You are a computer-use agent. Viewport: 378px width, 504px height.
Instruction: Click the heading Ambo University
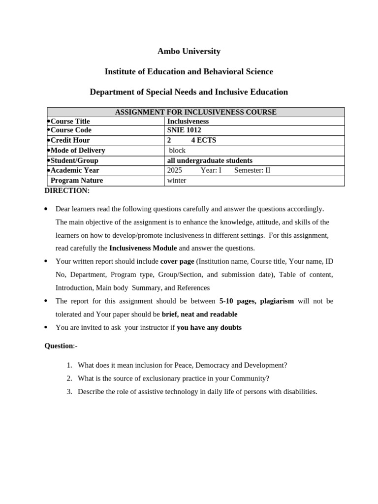(189, 51)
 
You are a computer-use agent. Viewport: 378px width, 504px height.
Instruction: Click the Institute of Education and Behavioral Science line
(189, 72)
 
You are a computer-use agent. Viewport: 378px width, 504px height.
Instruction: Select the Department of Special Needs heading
(189, 92)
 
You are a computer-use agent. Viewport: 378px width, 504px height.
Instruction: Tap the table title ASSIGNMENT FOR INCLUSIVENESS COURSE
(195, 112)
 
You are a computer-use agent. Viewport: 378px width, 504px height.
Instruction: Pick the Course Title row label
(70, 121)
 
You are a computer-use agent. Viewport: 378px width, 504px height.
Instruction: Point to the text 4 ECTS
(203, 140)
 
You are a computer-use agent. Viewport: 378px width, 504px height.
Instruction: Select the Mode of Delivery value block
(177, 150)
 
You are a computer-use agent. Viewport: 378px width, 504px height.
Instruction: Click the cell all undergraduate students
(210, 160)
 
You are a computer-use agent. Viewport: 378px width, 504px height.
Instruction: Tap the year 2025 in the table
(175, 170)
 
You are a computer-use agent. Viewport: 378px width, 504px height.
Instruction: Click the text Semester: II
(252, 170)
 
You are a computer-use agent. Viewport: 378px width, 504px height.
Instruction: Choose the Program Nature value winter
(177, 181)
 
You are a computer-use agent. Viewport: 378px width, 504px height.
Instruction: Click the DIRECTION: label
(67, 190)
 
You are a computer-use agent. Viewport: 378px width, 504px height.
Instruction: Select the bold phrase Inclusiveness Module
(143, 248)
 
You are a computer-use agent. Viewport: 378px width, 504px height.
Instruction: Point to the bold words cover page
(177, 261)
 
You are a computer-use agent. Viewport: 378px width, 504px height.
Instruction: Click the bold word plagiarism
(277, 301)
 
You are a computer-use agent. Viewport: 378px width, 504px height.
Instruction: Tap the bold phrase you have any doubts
(209, 327)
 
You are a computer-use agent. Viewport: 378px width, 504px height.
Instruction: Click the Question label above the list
(59, 346)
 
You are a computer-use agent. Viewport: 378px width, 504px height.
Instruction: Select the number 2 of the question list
(69, 378)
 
